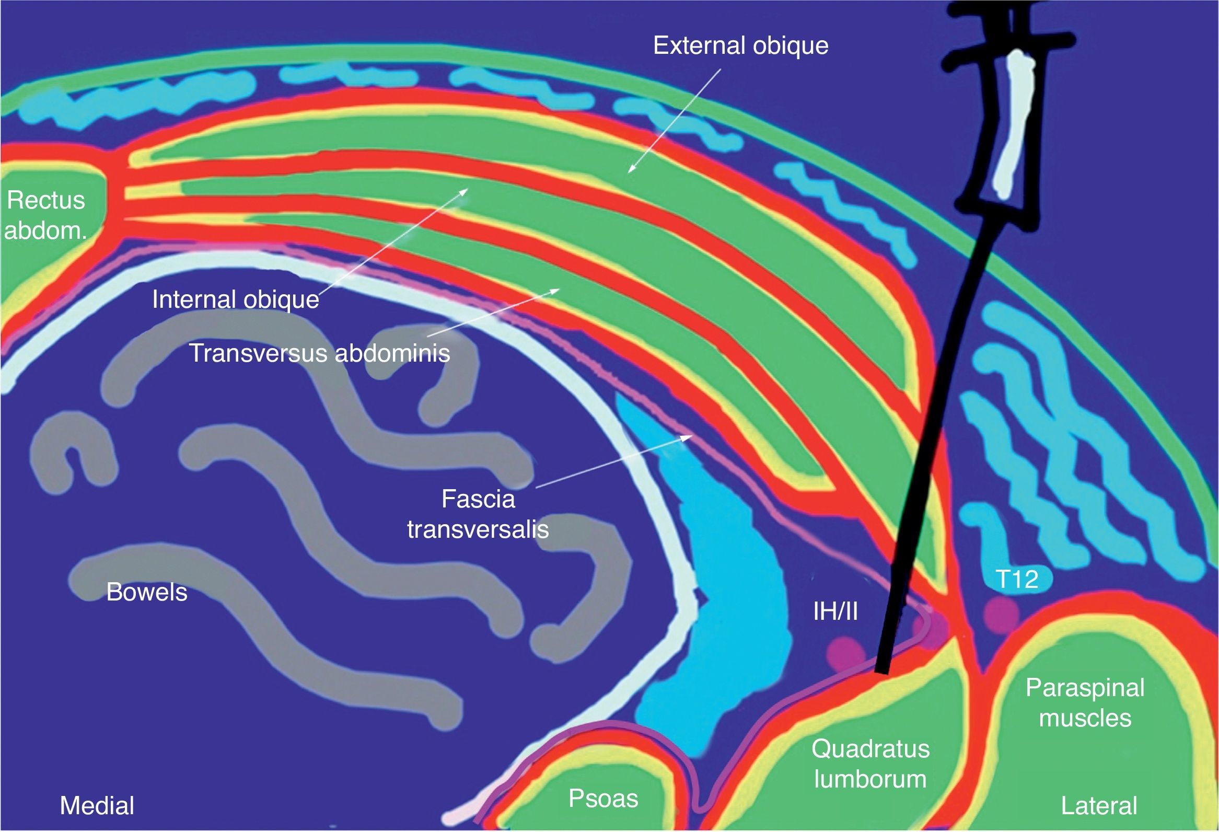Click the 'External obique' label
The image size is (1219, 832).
tap(740, 46)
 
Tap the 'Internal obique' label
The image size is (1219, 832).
tap(236, 300)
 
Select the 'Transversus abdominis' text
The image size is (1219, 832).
tap(319, 353)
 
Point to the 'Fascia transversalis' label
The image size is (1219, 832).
tap(478, 514)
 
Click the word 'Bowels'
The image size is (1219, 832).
tap(147, 592)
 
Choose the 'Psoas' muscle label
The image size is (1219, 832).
tap(603, 799)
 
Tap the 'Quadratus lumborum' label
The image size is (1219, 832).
tap(870, 764)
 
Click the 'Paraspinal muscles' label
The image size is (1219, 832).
tap(1085, 702)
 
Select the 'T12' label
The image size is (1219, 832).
tap(1017, 580)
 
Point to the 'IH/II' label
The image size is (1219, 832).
tap(835, 611)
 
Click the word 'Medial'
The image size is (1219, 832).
tap(97, 806)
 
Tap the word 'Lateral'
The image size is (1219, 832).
tap(1099, 806)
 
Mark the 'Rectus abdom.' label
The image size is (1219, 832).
tap(45, 216)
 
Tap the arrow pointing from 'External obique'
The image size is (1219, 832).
tap(674, 121)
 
